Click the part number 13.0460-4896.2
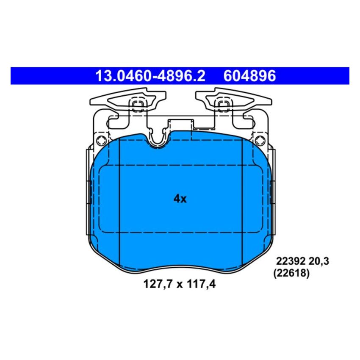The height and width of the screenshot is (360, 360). [150, 76]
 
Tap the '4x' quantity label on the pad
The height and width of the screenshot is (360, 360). [180, 199]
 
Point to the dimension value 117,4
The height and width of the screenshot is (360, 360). [201, 285]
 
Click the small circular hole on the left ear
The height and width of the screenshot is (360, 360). [100, 141]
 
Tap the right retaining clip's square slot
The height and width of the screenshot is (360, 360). [223, 105]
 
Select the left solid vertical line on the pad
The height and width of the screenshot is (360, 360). [120, 199]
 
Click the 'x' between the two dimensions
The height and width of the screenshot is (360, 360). [179, 285]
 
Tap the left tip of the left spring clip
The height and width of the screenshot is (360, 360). [92, 102]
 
